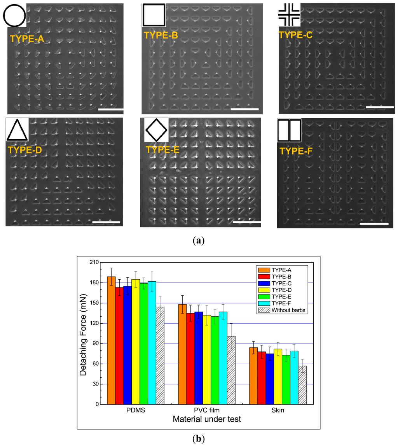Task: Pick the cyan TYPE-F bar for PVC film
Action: [223, 358]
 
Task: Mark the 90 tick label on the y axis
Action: [94, 344]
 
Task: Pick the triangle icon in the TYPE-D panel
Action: [17, 130]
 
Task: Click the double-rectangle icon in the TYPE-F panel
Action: [289, 130]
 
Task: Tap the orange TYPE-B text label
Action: [161, 35]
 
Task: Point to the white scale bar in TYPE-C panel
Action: [380, 106]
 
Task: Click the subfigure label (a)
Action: [199, 240]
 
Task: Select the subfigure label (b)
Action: [199, 439]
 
